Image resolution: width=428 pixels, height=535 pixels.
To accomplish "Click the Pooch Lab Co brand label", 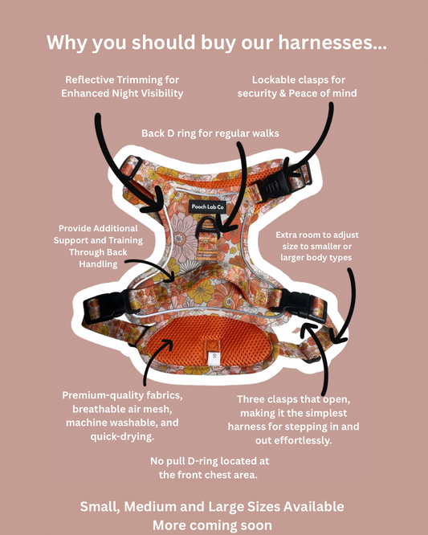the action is coord(207,206).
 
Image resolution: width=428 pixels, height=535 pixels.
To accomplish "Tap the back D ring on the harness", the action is coord(207,227).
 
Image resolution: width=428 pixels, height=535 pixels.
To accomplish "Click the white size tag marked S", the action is coord(214,357).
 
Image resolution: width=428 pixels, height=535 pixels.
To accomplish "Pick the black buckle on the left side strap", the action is coord(107,305).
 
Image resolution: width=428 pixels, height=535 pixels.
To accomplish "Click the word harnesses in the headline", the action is coord(332,43).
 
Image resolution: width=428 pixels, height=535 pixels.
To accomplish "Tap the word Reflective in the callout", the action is coord(90,80).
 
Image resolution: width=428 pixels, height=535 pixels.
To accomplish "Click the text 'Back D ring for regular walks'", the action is coord(210,133).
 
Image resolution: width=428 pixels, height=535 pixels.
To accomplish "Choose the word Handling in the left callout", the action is coord(98,264).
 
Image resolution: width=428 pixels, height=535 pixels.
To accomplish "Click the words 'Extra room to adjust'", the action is coord(317,235).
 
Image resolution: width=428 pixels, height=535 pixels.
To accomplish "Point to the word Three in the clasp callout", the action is coord(251,399).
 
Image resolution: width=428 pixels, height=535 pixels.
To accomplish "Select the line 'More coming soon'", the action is coord(212,525).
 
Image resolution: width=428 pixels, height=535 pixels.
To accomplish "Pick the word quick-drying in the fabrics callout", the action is coord(122,437).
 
